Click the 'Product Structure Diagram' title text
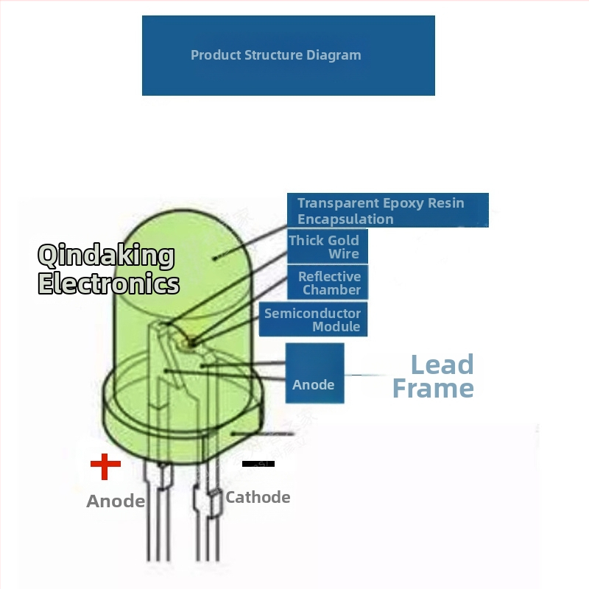click(276, 55)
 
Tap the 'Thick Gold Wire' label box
click(327, 247)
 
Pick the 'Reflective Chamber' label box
click(328, 283)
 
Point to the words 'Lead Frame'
click(434, 376)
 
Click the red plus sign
click(105, 465)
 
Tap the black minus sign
click(258, 464)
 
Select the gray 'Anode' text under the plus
click(116, 501)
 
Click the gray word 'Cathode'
click(258, 497)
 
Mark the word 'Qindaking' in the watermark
click(106, 256)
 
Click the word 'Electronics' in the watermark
click(108, 283)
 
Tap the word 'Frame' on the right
click(433, 389)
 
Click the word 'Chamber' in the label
click(332, 290)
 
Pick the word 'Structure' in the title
click(275, 55)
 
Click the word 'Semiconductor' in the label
click(312, 314)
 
